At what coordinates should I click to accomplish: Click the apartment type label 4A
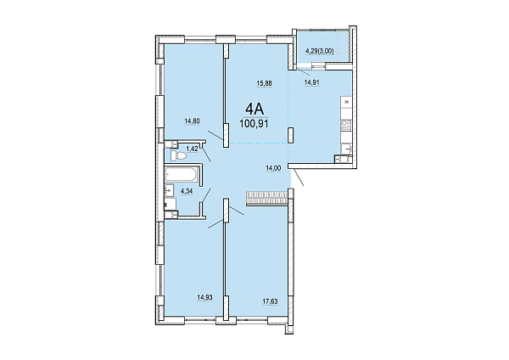pos(255,109)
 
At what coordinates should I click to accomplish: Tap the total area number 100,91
pos(254,124)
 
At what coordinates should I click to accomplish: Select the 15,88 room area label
pos(264,83)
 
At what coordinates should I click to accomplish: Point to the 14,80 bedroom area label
pos(192,121)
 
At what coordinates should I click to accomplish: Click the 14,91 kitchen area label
pos(311,82)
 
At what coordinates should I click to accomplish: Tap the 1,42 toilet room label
pos(192,149)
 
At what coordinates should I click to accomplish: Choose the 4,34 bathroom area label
pos(187,191)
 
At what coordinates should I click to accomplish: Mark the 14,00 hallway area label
pos(273,168)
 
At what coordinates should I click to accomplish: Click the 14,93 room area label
pos(204,297)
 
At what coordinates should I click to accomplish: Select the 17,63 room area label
pos(270,301)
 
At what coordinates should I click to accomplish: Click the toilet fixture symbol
pos(178,155)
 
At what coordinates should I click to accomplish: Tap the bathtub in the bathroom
pos(181,174)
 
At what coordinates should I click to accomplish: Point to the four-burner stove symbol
pos(346,125)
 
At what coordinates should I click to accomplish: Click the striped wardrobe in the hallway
pos(267,198)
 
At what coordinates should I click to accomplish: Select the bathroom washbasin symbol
pos(169,190)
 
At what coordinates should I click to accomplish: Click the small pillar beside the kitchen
pos(291,135)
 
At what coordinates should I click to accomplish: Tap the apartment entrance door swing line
pos(298,177)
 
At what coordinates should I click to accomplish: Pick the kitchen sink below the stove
pos(347,149)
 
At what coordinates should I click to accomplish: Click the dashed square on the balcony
pos(344,42)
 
